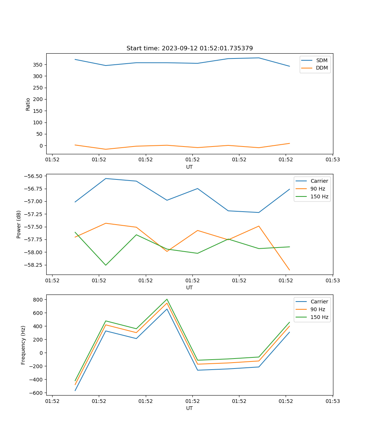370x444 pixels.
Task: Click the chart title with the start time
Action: pos(189,48)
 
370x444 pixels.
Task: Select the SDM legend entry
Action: pos(322,60)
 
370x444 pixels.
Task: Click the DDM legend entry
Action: pos(322,68)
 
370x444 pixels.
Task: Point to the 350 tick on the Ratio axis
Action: pos(37,65)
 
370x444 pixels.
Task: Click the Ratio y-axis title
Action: pos(28,104)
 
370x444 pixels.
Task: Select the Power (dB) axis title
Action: pos(19,224)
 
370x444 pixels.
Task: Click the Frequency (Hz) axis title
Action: pos(23,345)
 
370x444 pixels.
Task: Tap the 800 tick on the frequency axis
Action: pos(38,300)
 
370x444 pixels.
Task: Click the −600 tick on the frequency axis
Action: pos(37,393)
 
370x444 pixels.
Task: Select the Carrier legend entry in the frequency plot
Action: pos(319,302)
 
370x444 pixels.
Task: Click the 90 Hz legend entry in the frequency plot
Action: pos(317,309)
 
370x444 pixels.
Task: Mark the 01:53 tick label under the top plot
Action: pos(333,160)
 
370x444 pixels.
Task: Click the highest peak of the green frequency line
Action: pos(167,299)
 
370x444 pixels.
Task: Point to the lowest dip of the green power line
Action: pos(106,265)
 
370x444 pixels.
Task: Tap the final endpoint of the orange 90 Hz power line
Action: pos(289,270)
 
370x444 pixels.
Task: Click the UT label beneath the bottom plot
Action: pos(189,408)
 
